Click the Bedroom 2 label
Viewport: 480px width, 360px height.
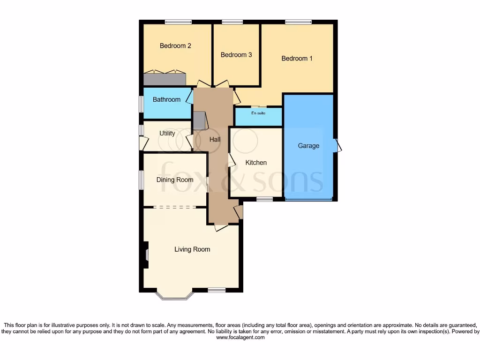coord(175,46)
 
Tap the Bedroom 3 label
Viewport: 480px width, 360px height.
coord(236,55)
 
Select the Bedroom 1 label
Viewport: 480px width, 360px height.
coord(297,59)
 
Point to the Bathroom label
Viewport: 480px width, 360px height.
coord(166,99)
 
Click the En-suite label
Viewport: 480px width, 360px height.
coord(258,113)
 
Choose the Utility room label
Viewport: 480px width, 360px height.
coord(167,133)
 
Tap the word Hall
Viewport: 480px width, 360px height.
coord(215,139)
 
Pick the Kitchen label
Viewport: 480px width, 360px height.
coord(256,163)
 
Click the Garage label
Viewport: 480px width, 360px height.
coord(308,146)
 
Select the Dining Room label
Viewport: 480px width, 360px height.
coord(175,180)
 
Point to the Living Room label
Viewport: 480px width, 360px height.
coord(192,249)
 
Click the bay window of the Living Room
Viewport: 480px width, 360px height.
coord(174,295)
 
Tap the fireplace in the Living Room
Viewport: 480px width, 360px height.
coord(146,255)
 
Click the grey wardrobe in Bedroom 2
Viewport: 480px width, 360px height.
coord(165,78)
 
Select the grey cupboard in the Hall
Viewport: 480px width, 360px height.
coord(199,120)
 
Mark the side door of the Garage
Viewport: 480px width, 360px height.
coord(337,146)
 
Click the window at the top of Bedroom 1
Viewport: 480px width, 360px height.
coord(299,22)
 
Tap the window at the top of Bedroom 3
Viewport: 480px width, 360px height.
coord(232,22)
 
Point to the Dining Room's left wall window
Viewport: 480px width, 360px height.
coord(141,180)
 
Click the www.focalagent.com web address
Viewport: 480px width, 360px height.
coord(240,337)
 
